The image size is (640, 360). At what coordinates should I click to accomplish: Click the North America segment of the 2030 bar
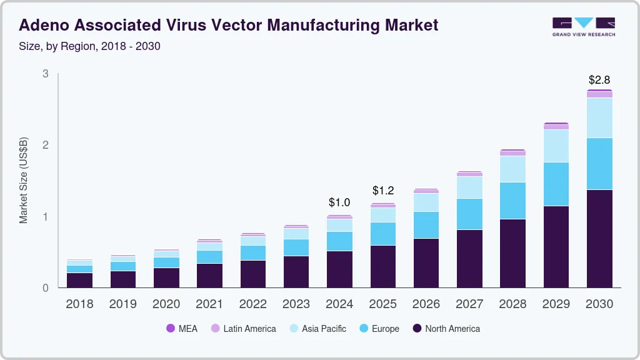click(x=599, y=238)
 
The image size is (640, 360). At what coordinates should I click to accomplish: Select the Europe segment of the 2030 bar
click(x=599, y=163)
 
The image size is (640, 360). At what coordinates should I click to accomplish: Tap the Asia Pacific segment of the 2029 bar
click(x=556, y=146)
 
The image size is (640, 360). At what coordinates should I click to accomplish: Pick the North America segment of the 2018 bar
click(x=79, y=280)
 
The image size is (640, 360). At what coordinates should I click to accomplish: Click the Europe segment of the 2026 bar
click(x=426, y=225)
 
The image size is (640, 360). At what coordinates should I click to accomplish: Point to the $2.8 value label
click(x=599, y=80)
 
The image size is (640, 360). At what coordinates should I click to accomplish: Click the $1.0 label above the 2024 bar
click(x=339, y=202)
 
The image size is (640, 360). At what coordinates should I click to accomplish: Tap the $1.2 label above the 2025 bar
click(x=383, y=191)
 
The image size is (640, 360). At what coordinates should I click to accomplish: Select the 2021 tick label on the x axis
click(x=209, y=304)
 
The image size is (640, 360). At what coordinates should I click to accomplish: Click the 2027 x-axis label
click(x=469, y=304)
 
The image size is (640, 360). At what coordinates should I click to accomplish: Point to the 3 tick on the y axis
click(x=45, y=74)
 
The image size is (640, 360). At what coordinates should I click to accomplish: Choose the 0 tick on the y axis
click(x=45, y=288)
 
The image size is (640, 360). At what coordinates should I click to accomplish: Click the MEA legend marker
click(x=171, y=328)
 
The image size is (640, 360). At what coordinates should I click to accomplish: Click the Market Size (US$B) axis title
click(x=24, y=181)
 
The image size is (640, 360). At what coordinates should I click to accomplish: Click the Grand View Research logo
click(x=584, y=27)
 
